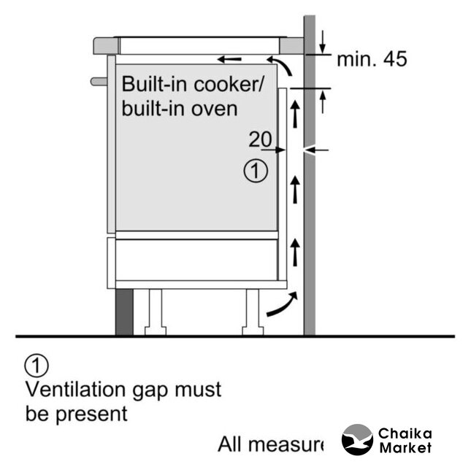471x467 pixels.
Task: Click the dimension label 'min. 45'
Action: coord(371,59)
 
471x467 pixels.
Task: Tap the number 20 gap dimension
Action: coord(260,139)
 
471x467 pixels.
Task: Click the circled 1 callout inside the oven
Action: coord(255,171)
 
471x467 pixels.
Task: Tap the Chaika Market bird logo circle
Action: coord(357,441)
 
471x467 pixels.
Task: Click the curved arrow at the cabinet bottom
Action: coord(281,306)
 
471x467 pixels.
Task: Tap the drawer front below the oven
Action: coord(195,260)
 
